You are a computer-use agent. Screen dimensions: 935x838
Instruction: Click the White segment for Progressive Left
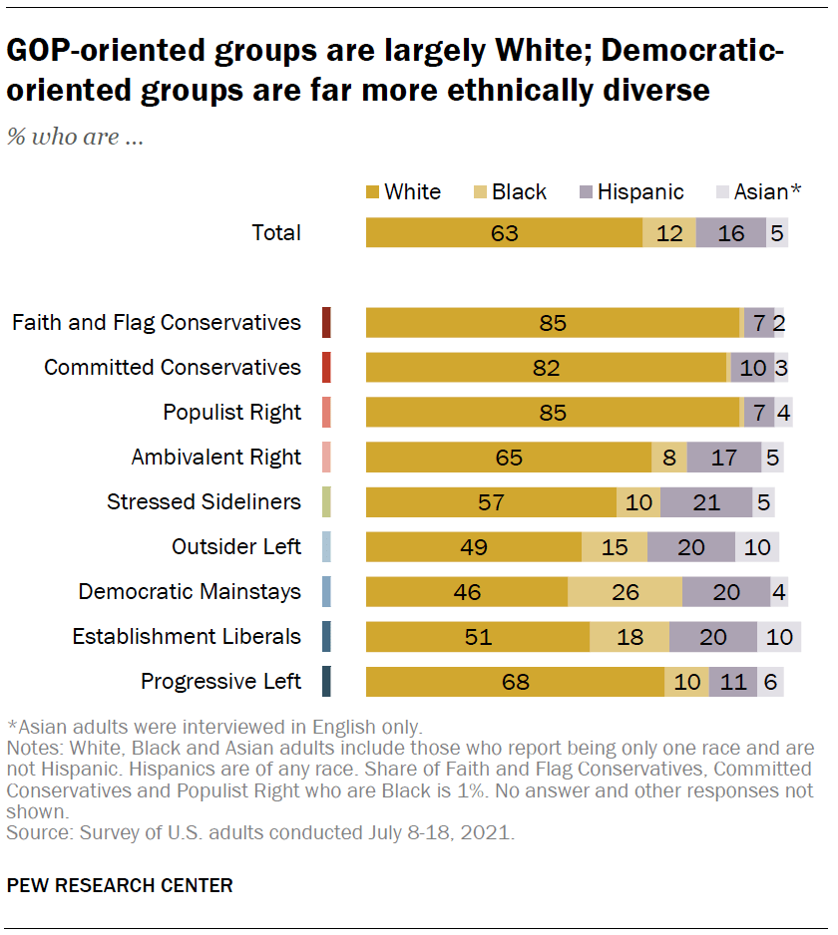click(x=515, y=682)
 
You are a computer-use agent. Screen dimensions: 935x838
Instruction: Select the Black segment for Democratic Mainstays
click(x=625, y=591)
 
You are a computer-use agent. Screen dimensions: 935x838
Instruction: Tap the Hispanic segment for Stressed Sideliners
click(x=705, y=501)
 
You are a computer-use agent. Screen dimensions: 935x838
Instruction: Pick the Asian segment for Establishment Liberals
click(x=779, y=636)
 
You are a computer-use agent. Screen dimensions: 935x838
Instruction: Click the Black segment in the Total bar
click(x=669, y=232)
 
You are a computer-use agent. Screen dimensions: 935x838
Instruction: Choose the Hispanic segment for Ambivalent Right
click(x=724, y=457)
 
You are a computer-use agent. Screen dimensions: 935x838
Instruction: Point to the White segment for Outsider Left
click(x=474, y=546)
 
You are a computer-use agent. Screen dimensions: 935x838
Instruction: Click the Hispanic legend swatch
click(x=587, y=191)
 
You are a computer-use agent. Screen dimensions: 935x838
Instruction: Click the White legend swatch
click(x=373, y=191)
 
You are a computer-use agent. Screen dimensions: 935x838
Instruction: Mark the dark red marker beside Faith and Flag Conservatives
click(x=326, y=322)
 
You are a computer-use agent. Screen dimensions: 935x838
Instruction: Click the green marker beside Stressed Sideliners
click(x=326, y=501)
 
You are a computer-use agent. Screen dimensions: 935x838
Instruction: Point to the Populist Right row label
click(x=231, y=412)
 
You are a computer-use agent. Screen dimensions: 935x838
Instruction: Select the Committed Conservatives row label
click(x=172, y=367)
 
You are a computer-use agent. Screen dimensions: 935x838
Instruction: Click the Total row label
click(x=275, y=232)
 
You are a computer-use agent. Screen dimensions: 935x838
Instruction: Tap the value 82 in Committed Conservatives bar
click(x=547, y=367)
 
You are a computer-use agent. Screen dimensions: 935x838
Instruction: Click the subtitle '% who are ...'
click(x=76, y=138)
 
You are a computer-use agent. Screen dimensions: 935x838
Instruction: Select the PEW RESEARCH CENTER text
click(x=120, y=884)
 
